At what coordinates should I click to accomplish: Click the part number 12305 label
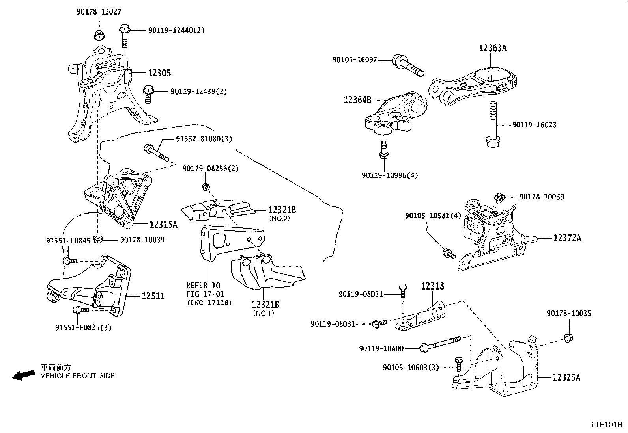pyautogui.click(x=159, y=73)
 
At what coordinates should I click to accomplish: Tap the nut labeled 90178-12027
pyautogui.click(x=99, y=35)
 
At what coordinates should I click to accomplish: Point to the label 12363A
pyautogui.click(x=493, y=48)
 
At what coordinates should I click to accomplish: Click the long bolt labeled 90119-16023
pyautogui.click(x=492, y=124)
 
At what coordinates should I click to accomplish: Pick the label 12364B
pyautogui.click(x=357, y=100)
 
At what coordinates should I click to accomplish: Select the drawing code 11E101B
pyautogui.click(x=606, y=425)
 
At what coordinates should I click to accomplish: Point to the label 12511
pyautogui.click(x=153, y=296)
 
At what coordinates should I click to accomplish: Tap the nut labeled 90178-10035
pyautogui.click(x=568, y=338)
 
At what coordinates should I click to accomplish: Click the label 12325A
pyautogui.click(x=566, y=377)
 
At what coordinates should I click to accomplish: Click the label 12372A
pyautogui.click(x=567, y=238)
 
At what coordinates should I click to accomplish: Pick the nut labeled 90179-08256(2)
pyautogui.click(x=205, y=187)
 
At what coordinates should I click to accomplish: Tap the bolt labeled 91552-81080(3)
pyautogui.click(x=157, y=153)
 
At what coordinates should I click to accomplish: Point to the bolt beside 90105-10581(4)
pyautogui.click(x=449, y=253)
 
